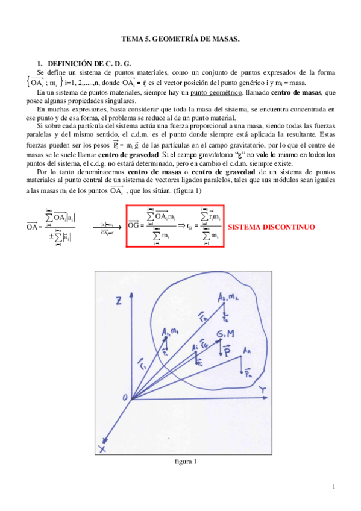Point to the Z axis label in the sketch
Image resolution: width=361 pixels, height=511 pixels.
120,299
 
